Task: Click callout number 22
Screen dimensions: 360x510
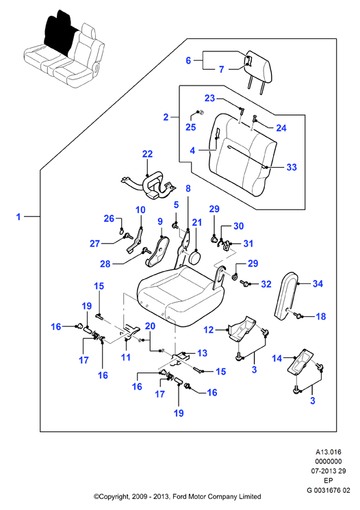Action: pyautogui.click(x=147, y=154)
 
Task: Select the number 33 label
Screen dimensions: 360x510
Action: pyautogui.click(x=292, y=167)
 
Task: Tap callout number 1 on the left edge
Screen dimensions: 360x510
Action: pyautogui.click(x=18, y=216)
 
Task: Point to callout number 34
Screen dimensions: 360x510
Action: pyautogui.click(x=318, y=283)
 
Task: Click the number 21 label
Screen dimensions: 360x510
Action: pyautogui.click(x=197, y=222)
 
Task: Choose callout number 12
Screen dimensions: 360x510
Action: pyautogui.click(x=209, y=330)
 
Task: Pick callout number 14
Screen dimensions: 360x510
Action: pyautogui.click(x=277, y=359)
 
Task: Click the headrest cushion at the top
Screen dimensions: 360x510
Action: pyautogui.click(x=259, y=66)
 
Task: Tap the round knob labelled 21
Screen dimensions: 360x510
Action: pyautogui.click(x=195, y=257)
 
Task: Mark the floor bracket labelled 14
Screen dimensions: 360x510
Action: pyautogui.click(x=301, y=362)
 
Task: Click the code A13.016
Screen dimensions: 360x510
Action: pyautogui.click(x=329, y=452)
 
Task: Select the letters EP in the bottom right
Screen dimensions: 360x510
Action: pyautogui.click(x=329, y=481)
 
